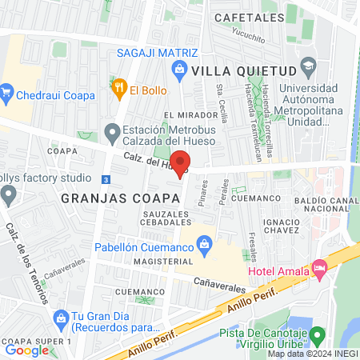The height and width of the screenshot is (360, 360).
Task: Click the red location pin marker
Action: [x=182, y=162]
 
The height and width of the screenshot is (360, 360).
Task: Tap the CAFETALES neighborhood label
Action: [x=249, y=17]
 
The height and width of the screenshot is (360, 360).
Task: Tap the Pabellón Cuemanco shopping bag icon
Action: [x=203, y=242]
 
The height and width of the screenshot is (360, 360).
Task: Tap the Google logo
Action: [x=26, y=350]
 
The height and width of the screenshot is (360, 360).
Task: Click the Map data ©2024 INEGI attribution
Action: [x=312, y=354]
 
